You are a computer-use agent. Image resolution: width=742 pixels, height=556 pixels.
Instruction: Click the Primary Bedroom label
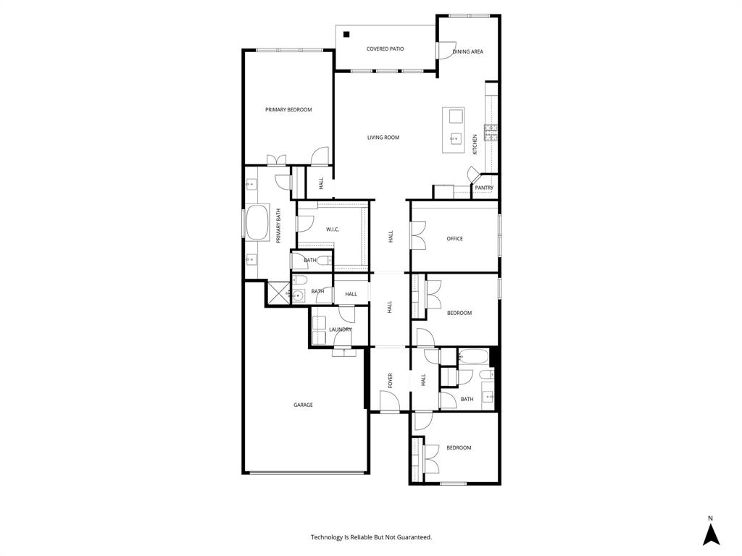pyautogui.click(x=288, y=110)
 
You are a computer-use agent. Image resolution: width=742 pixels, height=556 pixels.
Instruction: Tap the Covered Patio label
pyautogui.click(x=385, y=49)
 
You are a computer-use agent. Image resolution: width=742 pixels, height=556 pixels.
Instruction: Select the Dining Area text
pyautogui.click(x=467, y=52)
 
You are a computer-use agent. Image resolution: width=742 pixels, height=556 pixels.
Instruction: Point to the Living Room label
pyautogui.click(x=383, y=138)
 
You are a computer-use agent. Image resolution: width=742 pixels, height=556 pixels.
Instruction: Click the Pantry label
pyautogui.click(x=484, y=188)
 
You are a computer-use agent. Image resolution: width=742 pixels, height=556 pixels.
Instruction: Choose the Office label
pyautogui.click(x=454, y=239)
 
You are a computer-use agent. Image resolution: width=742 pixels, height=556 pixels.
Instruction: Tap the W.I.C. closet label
pyautogui.click(x=333, y=229)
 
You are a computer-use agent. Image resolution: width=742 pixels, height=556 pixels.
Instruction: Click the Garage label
pyautogui.click(x=303, y=405)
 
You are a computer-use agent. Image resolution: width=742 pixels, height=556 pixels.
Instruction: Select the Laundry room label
pyautogui.click(x=340, y=329)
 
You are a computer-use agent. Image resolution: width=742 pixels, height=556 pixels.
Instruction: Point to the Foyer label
pyautogui.click(x=390, y=380)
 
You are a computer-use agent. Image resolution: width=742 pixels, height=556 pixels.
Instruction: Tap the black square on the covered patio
pyautogui.click(x=347, y=34)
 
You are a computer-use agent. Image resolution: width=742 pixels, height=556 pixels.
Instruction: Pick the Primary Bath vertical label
pyautogui.click(x=278, y=224)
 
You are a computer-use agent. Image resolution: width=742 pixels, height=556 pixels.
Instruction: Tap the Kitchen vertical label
pyautogui.click(x=475, y=144)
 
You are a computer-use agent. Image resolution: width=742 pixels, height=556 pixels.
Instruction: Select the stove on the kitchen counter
pyautogui.click(x=491, y=132)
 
